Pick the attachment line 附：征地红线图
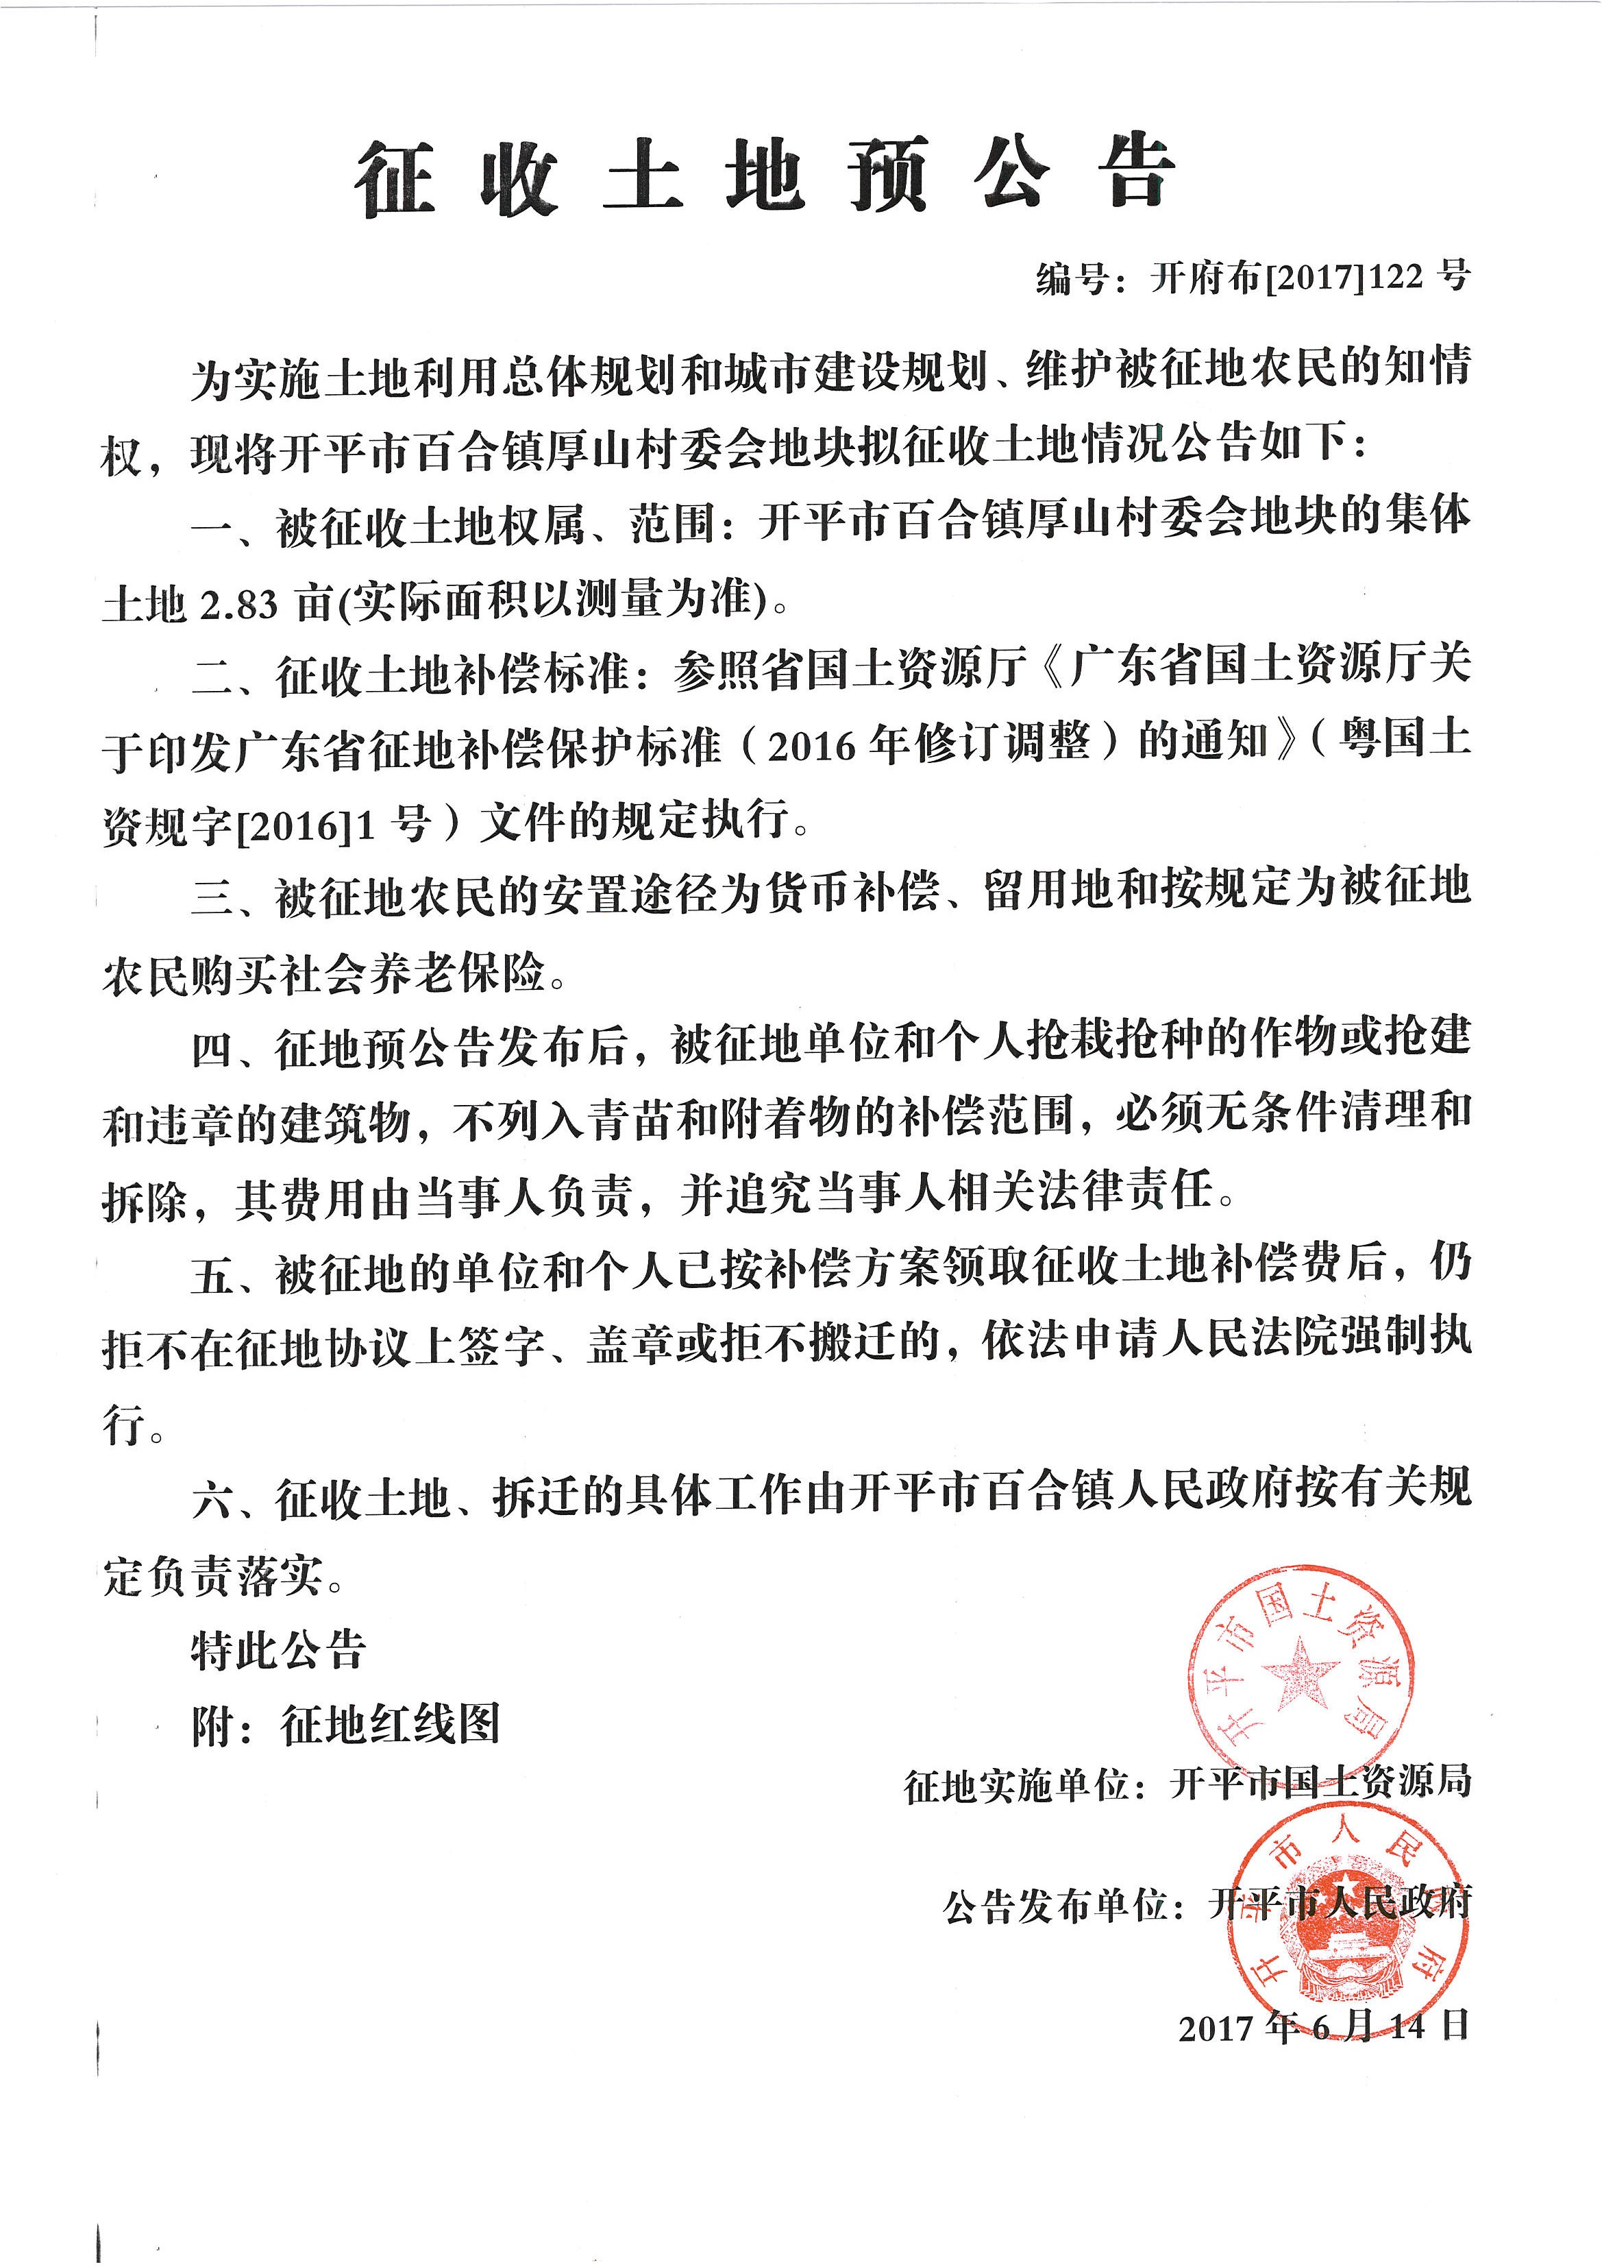345,1725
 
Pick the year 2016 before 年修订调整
811,747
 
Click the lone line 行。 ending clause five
133,1426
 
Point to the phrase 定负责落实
213,1576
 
